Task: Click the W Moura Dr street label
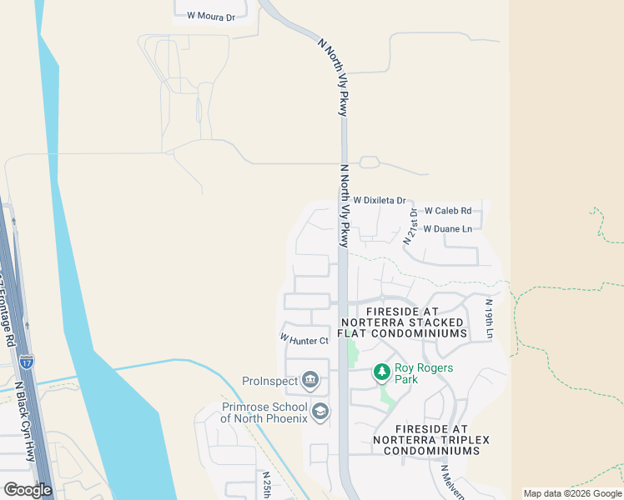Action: pos(211,17)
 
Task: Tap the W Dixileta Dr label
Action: pos(379,201)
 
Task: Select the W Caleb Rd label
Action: pos(448,212)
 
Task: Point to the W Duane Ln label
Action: pos(448,228)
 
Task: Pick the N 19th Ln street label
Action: pos(490,319)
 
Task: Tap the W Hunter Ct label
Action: pos(304,339)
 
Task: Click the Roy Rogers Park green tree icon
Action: pos(381,371)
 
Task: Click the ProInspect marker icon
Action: pos(310,381)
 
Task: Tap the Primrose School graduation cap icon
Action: pos(320,412)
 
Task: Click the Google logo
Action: pos(28,490)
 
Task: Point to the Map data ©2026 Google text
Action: pos(573,493)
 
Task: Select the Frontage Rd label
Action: pos(8,308)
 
